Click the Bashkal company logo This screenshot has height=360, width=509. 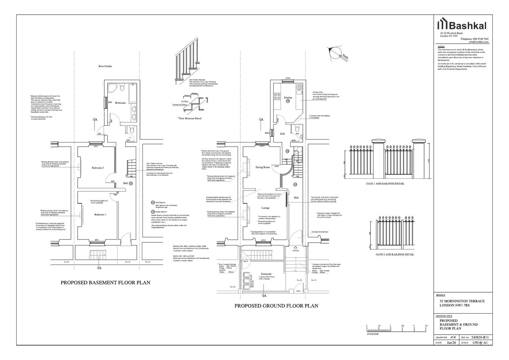463,25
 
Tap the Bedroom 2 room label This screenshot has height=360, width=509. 98,168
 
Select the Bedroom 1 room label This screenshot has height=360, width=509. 100,215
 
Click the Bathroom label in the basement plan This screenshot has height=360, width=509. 120,103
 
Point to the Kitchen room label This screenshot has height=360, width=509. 288,98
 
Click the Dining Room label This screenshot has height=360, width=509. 262,167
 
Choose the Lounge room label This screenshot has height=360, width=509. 265,208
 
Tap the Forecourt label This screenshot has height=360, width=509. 266,274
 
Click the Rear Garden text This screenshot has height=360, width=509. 105,66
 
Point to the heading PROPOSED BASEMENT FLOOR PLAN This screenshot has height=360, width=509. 105,282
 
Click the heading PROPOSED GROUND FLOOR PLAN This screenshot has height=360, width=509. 276,306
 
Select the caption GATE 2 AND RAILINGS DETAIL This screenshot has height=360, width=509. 395,254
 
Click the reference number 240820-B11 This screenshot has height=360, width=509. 479,337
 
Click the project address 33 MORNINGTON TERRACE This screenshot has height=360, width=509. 462,301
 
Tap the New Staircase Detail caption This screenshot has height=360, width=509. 190,118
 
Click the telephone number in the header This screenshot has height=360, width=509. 475,39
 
